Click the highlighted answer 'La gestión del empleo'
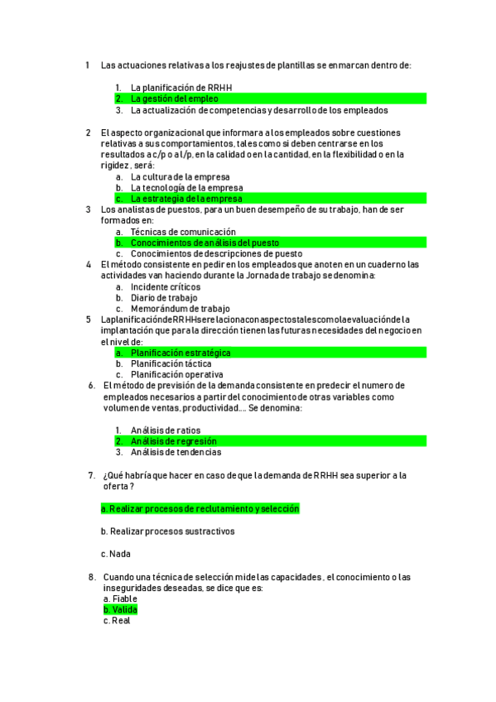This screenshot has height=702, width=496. pos(175,99)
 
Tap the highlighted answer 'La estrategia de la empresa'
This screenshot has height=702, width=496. pos(186,199)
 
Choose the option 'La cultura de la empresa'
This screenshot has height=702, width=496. pos(181,177)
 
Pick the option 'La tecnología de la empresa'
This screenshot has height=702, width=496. pos(186,188)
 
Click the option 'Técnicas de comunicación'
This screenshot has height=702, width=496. pos(183,232)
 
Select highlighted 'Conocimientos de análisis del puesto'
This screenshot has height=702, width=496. pos(205,243)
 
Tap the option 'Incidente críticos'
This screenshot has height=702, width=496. pos(166,286)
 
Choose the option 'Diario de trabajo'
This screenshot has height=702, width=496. pos(164,297)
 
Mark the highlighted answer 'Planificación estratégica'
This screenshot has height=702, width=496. pos(181,353)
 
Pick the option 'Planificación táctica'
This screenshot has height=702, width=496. pos(171,363)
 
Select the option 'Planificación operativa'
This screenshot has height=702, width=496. pos(176,374)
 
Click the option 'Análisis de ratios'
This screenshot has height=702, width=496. pos(166,430)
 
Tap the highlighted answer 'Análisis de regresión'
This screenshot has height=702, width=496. pos(172,441)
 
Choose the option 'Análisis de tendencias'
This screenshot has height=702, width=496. pos(176,452)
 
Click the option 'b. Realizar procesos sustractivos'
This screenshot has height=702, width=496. pos(167,531)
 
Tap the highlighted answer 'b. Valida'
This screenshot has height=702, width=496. pos(120,610)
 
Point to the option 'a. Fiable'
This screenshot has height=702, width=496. pos(120,599)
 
